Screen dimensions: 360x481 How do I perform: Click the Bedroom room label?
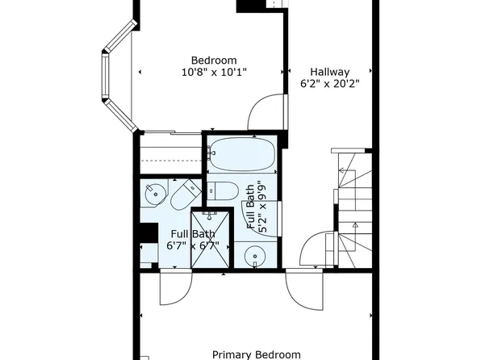(x=214, y=61)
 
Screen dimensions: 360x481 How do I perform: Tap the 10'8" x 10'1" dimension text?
(x=214, y=73)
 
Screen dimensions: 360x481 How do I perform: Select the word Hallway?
(x=329, y=71)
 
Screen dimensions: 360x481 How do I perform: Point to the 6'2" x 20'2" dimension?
(x=329, y=83)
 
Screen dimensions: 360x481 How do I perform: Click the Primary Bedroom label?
(x=256, y=354)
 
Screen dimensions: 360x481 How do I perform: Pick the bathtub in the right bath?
(x=241, y=153)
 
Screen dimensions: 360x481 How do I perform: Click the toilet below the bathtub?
(x=223, y=190)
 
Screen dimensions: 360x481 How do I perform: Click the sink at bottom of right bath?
(x=256, y=257)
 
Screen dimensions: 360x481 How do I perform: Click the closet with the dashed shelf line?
(x=169, y=153)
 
